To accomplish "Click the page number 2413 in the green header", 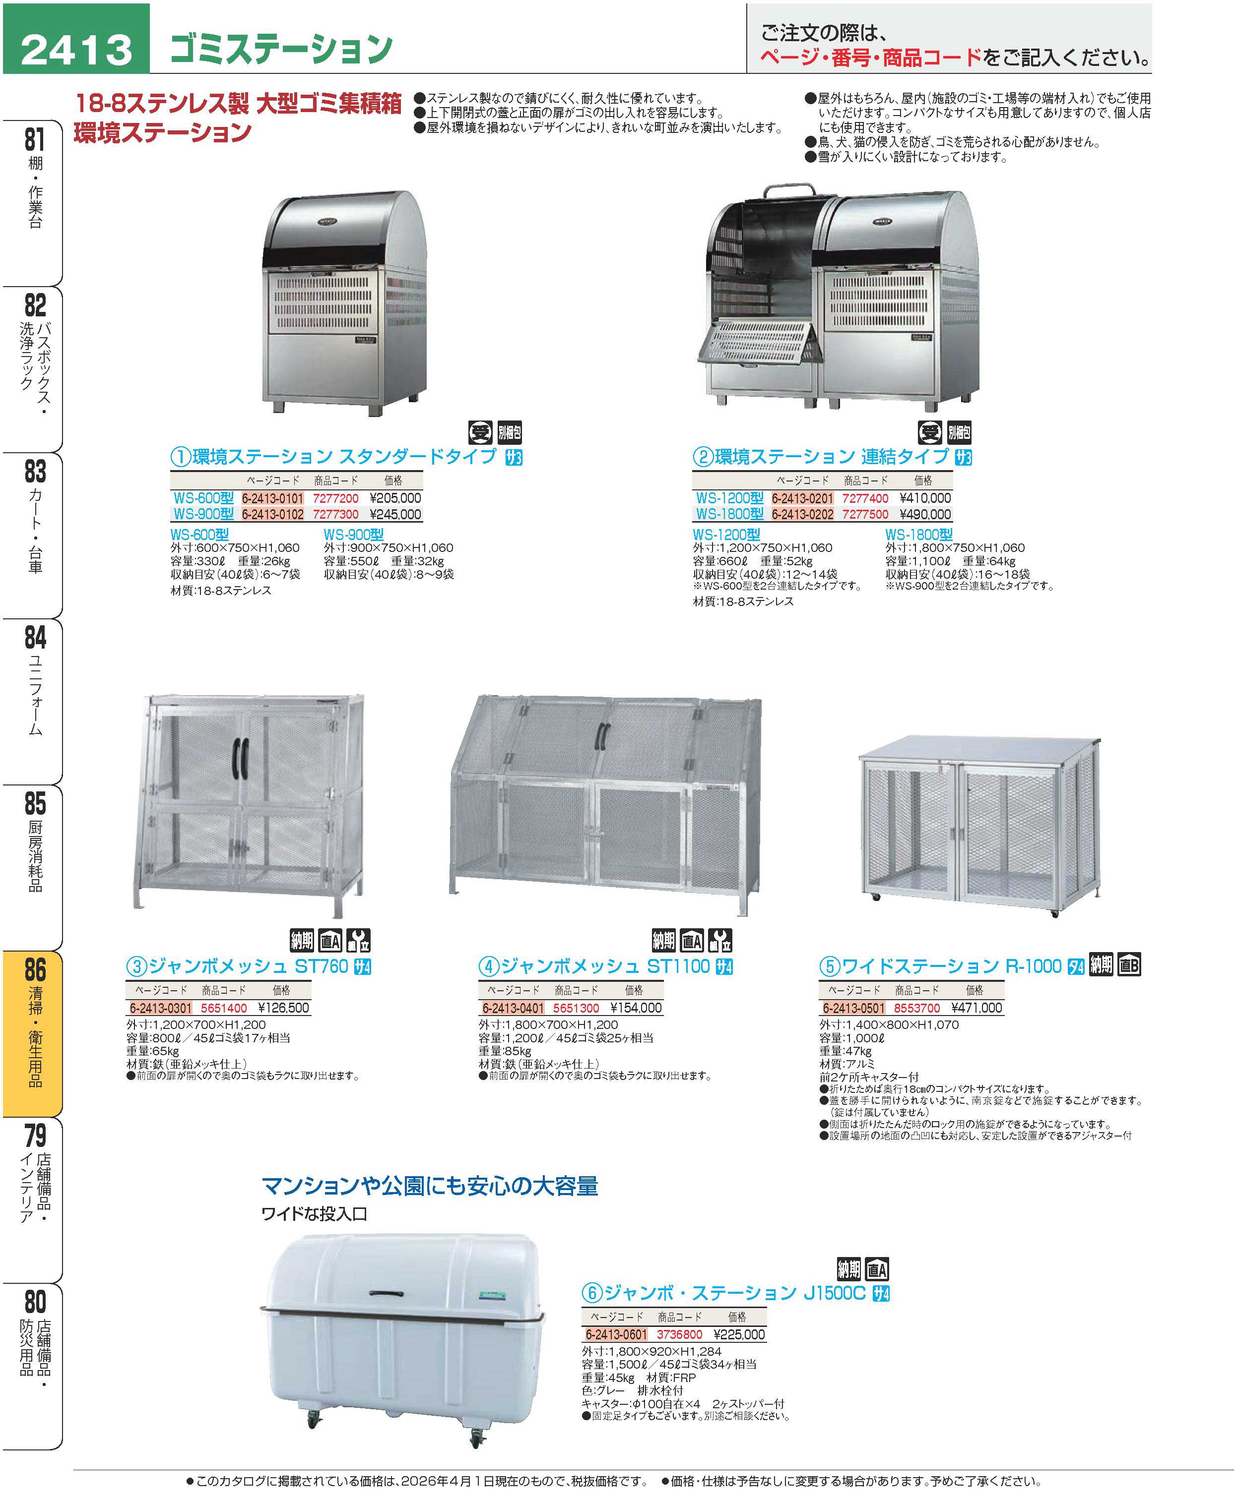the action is click(x=77, y=50).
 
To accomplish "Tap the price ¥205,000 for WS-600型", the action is click(x=395, y=498).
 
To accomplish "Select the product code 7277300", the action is click(x=336, y=514).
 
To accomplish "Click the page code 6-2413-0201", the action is click(x=802, y=498).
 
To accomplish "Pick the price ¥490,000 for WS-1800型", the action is click(x=925, y=514).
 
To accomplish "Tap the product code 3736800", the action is click(x=679, y=1334).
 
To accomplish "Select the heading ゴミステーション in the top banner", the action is click(x=281, y=48).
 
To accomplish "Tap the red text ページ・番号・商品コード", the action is click(x=871, y=58).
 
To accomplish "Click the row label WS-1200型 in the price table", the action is click(x=730, y=498).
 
